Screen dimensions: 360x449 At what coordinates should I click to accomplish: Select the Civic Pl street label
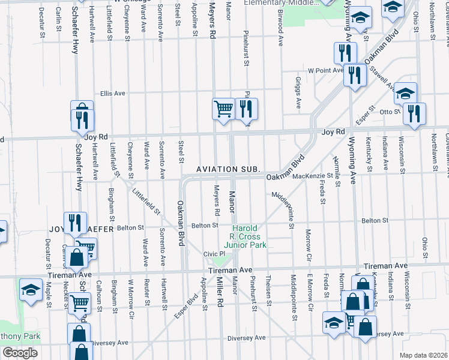(x=213, y=254)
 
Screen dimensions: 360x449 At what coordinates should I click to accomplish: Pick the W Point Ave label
(x=324, y=70)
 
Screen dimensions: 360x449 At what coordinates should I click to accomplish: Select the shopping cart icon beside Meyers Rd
(x=223, y=109)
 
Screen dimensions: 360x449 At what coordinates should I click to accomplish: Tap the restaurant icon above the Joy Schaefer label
(x=75, y=222)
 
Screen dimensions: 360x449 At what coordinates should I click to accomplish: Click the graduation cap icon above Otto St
(x=405, y=93)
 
